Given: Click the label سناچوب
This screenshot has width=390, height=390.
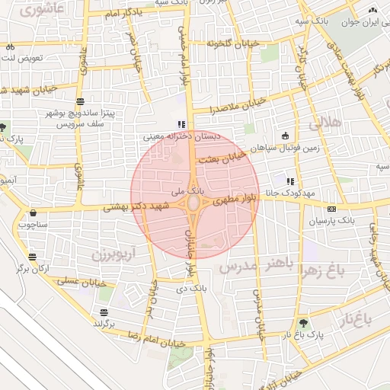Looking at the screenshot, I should pos(32,225).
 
